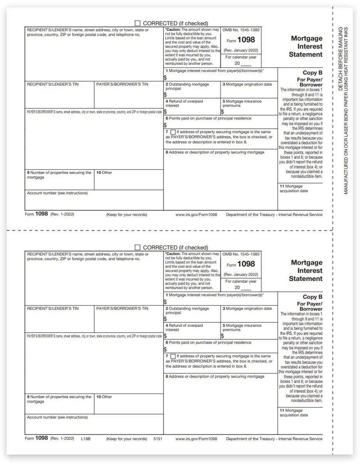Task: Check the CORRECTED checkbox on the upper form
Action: pyautogui.click(x=137, y=23)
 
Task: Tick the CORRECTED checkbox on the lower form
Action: pyautogui.click(x=137, y=248)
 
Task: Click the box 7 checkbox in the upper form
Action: pyautogui.click(x=173, y=132)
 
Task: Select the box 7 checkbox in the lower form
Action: pyautogui.click(x=173, y=356)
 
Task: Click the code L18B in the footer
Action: pyautogui.click(x=86, y=439)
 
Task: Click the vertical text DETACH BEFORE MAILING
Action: pyautogui.click(x=341, y=58)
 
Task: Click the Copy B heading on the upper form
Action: pyautogui.click(x=313, y=73)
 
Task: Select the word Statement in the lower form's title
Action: pyautogui.click(x=306, y=279)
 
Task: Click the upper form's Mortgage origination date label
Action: pyautogui.click(x=247, y=84)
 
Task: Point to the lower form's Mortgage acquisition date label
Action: pyautogui.click(x=293, y=413)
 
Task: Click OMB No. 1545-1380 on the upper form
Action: pyautogui.click(x=241, y=30)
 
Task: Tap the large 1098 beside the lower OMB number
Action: pyautogui.click(x=246, y=264)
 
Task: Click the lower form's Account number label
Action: pyautogui.click(x=57, y=417)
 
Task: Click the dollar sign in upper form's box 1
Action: pyautogui.click(x=165, y=77)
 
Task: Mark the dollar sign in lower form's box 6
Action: pyautogui.click(x=165, y=349)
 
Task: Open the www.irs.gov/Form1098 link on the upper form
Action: pyautogui.click(x=196, y=215)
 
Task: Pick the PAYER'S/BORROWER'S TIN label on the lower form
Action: pyautogui.click(x=122, y=309)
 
